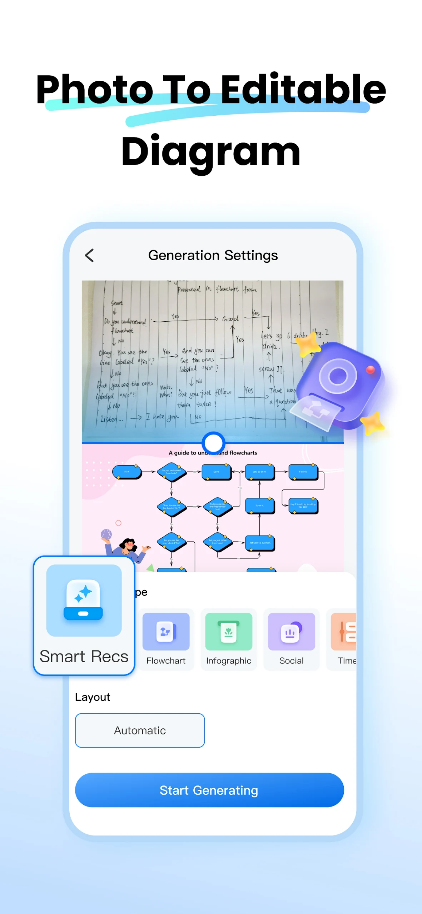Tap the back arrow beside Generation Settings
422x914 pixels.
pyautogui.click(x=89, y=256)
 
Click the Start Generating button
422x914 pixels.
pyautogui.click(x=209, y=790)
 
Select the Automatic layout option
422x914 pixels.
pyautogui.click(x=140, y=730)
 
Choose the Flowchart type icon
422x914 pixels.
pyautogui.click(x=166, y=632)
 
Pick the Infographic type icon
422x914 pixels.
pyautogui.click(x=229, y=632)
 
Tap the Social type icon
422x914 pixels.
pyautogui.click(x=291, y=632)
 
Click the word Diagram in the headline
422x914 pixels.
pyautogui.click(x=211, y=152)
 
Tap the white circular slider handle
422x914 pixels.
pyautogui.click(x=213, y=443)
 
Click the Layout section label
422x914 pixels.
pyautogui.click(x=93, y=697)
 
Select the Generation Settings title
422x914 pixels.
pyautogui.click(x=213, y=256)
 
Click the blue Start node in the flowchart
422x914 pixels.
pyautogui.click(x=127, y=472)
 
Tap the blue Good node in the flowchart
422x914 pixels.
pyautogui.click(x=216, y=472)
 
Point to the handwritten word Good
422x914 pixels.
pyautogui.click(x=230, y=318)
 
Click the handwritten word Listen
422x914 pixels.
pyautogui.click(x=111, y=419)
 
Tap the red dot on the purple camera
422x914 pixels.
pyautogui.click(x=371, y=370)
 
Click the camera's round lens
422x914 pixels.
pyautogui.click(x=338, y=376)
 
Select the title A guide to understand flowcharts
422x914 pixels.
pyautogui.click(x=213, y=453)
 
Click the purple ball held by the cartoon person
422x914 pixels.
pyautogui.click(x=106, y=534)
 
